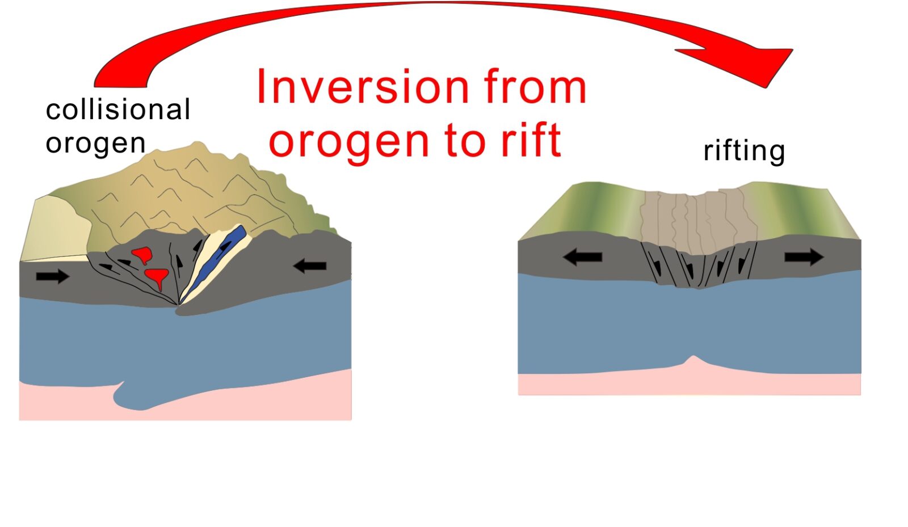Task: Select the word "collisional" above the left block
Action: tap(117, 109)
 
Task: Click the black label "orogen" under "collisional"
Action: tap(96, 144)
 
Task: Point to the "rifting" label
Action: tap(744, 151)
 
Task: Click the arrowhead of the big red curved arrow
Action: tap(750, 65)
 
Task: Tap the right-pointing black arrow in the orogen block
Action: tap(53, 276)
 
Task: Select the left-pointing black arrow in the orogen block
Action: tap(310, 265)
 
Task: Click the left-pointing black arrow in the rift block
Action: tap(582, 257)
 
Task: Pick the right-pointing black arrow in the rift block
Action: tap(804, 257)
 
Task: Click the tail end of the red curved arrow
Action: tap(120, 86)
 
